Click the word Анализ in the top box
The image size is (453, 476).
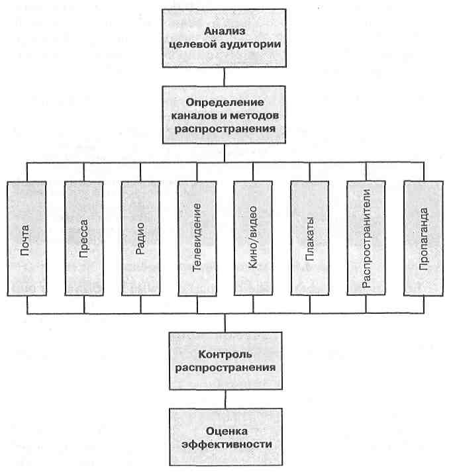tap(225, 31)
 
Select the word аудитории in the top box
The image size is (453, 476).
tap(250, 45)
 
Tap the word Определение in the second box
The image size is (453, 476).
tap(225, 103)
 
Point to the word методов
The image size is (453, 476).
tap(254, 115)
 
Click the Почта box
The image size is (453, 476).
tap(27, 238)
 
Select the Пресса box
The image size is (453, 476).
tap(84, 238)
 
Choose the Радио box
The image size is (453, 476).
tap(140, 238)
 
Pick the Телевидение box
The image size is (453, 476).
tap(197, 238)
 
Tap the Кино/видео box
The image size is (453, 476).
tap(253, 238)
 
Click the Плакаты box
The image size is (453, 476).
tap(310, 238)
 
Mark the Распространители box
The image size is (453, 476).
tap(366, 238)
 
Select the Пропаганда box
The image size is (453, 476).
tap(424, 238)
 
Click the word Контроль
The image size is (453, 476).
tap(225, 354)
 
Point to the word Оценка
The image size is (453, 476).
tap(226, 431)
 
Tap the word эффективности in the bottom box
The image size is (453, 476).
tap(226, 444)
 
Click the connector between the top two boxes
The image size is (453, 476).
tap(224, 77)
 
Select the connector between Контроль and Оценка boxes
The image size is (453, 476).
tap(225, 399)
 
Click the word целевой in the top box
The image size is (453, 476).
tap(192, 44)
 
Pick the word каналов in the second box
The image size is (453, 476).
tap(195, 116)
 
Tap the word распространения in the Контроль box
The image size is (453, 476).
tap(226, 368)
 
